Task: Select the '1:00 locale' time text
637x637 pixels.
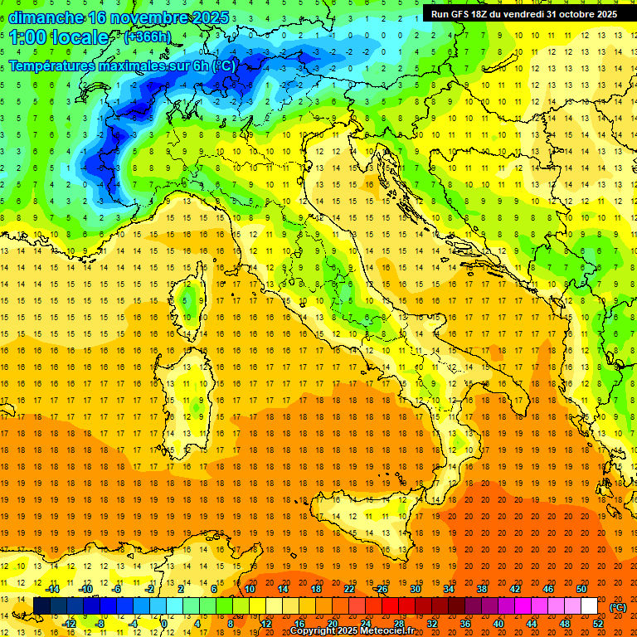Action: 60,37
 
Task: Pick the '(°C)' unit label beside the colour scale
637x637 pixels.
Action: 617,607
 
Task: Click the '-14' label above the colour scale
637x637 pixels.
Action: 51,589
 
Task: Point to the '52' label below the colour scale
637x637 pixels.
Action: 598,624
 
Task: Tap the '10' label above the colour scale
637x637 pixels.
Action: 250,589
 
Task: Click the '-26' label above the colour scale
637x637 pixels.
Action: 382,589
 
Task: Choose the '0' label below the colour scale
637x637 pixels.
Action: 164,624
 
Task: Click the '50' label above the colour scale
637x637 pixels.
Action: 581,589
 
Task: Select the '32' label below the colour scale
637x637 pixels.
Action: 431,624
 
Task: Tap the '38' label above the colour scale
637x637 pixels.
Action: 482,589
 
